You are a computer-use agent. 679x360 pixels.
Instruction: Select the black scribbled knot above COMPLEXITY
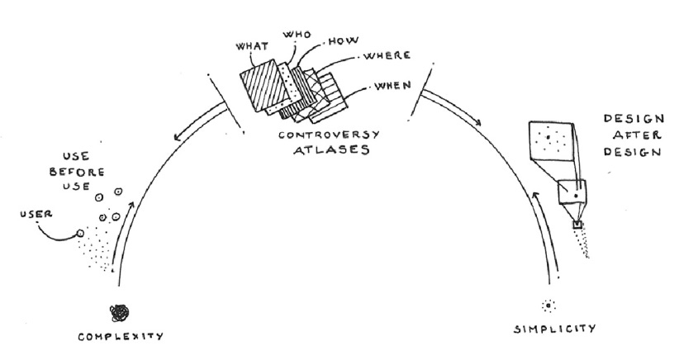click(x=121, y=312)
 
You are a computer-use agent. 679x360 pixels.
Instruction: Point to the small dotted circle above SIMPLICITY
click(x=547, y=306)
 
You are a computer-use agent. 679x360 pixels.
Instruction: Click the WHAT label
click(x=254, y=47)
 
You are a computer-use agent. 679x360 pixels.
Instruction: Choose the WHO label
click(x=295, y=36)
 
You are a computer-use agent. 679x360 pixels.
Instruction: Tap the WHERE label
click(x=382, y=59)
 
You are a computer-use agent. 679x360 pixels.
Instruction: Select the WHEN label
click(x=392, y=86)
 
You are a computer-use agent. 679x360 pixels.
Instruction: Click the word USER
click(x=34, y=216)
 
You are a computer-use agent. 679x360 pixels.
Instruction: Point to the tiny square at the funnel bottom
click(x=577, y=224)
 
